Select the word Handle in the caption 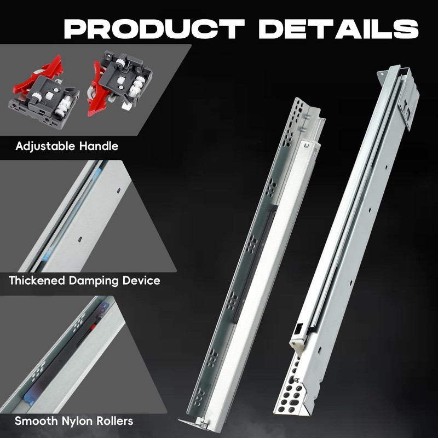coord(99,146)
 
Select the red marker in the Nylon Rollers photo coord(94,327)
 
